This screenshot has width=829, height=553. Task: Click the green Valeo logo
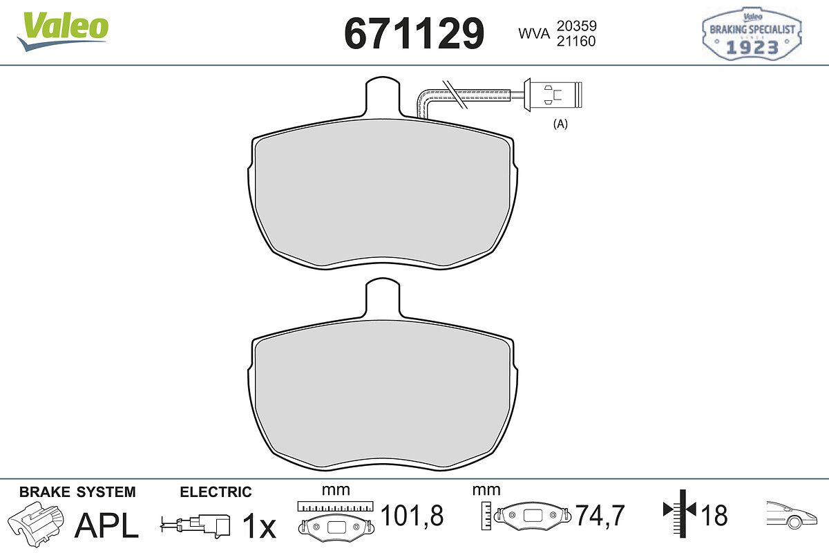click(x=63, y=30)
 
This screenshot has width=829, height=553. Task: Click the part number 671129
click(x=414, y=34)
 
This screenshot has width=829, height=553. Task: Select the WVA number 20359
click(x=577, y=26)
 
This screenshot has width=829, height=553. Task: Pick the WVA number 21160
click(x=576, y=41)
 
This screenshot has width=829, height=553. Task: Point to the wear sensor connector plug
click(x=553, y=95)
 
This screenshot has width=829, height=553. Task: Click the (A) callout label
click(x=560, y=124)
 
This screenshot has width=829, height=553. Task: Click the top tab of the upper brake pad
click(x=383, y=96)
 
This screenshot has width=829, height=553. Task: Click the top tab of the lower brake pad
click(x=383, y=298)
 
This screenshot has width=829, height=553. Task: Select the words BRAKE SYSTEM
click(x=77, y=492)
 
